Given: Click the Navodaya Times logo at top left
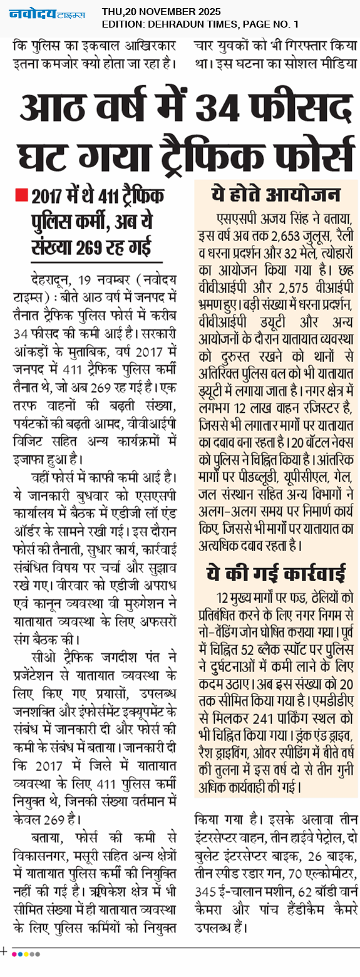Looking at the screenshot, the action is click(x=47, y=14).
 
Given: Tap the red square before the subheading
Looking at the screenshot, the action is click(x=21, y=196).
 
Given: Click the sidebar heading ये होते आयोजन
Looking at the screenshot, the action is click(x=276, y=195).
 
